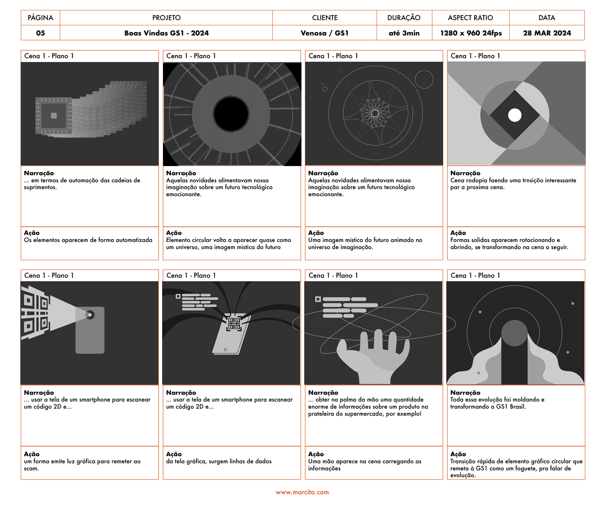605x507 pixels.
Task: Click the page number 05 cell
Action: click(x=40, y=33)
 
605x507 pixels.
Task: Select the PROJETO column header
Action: click(x=166, y=18)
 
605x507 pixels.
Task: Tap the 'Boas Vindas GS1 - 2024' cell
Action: click(x=166, y=33)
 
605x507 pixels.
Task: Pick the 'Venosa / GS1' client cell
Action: click(x=325, y=33)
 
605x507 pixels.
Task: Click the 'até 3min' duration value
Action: click(x=404, y=33)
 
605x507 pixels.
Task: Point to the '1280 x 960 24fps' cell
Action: click(x=471, y=33)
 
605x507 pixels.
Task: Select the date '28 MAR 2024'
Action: click(x=547, y=33)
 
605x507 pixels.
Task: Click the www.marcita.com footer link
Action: click(x=302, y=492)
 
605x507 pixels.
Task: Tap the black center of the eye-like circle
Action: click(x=231, y=114)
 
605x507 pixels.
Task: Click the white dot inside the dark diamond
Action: click(x=515, y=115)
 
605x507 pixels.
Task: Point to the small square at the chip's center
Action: click(x=54, y=116)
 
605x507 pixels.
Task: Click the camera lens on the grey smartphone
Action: click(x=90, y=315)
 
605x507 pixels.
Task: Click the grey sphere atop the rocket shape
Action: click(x=514, y=333)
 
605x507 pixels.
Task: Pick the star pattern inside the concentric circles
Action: click(x=375, y=113)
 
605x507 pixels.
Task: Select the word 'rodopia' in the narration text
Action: click(x=476, y=181)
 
